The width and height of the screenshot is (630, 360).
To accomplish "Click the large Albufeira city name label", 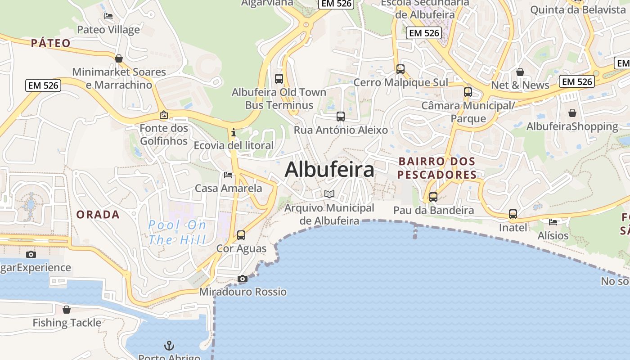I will pos(329,170).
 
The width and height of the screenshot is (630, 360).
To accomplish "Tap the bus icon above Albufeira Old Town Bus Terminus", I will pos(279,78).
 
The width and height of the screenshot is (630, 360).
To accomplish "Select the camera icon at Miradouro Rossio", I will pos(243,279).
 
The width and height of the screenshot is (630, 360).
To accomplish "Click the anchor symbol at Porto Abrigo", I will pos(169,346).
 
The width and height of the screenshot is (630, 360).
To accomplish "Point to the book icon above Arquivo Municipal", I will pos(329,194).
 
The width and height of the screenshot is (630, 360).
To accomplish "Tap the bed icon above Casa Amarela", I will pos(228,175).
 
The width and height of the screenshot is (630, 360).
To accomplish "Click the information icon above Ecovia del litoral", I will pos(233,132).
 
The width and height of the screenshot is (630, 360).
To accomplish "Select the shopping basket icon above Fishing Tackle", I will pos(67,310).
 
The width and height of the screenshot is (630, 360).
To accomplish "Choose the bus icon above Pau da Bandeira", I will pos(433,197).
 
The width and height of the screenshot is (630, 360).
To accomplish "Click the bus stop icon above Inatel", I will pos(513,214).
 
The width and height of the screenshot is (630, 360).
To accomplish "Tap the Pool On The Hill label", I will pos(177,232).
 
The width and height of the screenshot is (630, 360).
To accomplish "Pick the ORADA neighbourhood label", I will pos(98,215).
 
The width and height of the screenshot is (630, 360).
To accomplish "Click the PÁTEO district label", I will pos(51,43).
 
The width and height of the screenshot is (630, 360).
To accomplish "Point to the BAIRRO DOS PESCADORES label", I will pos(437,168).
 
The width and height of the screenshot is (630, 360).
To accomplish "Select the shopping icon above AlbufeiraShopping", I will pos(572,113).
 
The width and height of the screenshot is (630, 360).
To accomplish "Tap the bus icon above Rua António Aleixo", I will pos(341,117).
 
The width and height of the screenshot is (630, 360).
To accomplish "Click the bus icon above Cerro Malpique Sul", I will pos(400,69).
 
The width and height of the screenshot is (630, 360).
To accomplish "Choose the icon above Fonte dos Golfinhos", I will pos(163,115).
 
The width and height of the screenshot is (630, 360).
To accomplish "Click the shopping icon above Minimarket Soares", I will pos(119,58).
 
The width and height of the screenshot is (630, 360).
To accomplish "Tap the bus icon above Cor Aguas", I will pos(241,235).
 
